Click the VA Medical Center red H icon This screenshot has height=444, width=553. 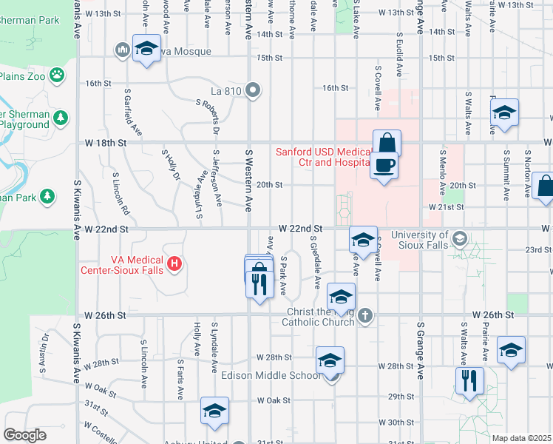[x=174, y=263]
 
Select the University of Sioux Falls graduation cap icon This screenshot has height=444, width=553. [x=460, y=238]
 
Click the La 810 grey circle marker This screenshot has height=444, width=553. [x=253, y=91]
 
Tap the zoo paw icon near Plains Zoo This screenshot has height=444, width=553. [x=57, y=75]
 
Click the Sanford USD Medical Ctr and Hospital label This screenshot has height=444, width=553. [x=322, y=157]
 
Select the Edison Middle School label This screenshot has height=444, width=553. [x=271, y=375]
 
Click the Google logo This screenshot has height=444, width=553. [x=24, y=435]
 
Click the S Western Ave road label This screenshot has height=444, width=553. [x=249, y=178]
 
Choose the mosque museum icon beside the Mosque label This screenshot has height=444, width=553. [x=123, y=50]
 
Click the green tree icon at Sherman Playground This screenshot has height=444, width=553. [x=61, y=118]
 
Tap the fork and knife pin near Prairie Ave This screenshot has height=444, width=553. [x=468, y=380]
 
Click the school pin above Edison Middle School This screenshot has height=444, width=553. [x=330, y=360]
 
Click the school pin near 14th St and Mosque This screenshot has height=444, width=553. [x=146, y=50]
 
